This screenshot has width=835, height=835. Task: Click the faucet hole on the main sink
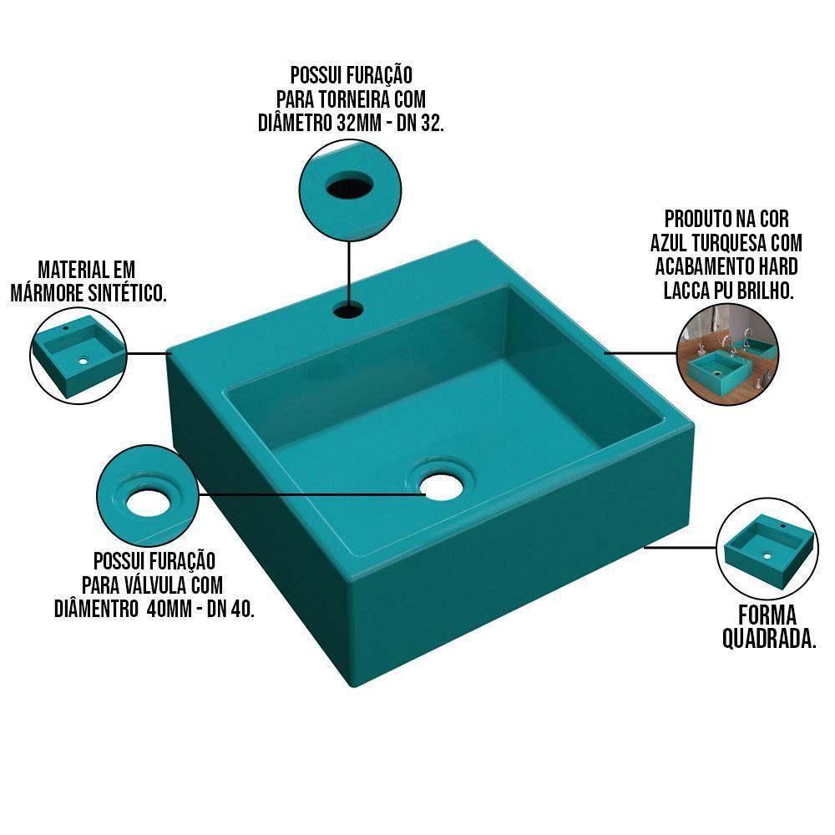[x=349, y=310]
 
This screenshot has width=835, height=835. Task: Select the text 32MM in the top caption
[x=359, y=123]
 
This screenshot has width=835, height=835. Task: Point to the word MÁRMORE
[x=46, y=293]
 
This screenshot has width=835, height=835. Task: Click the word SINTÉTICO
[x=127, y=293]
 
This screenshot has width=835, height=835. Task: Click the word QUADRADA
[x=768, y=639]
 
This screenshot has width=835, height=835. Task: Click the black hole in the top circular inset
[x=349, y=186]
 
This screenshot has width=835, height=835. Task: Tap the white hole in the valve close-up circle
[x=148, y=503]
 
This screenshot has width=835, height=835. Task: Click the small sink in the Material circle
[x=78, y=355]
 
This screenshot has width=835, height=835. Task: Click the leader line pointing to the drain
[x=311, y=494]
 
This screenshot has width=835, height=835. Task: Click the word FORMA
[x=767, y=615]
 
